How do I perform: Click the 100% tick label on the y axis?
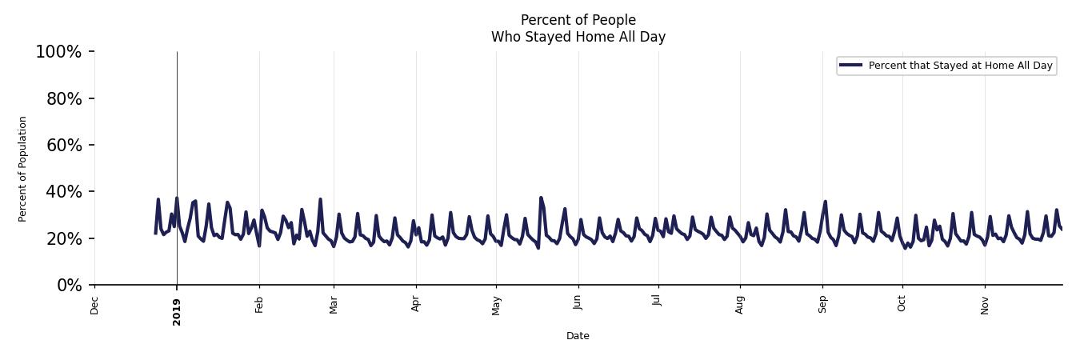tap(58, 52)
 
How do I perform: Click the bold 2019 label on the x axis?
tap(177, 312)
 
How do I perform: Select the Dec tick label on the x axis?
tap(94, 306)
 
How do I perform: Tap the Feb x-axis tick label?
tap(259, 305)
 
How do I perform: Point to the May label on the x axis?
tap(496, 306)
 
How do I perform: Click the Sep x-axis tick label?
tap(822, 305)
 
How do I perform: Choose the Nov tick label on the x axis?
tap(985, 306)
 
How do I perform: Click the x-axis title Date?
tap(578, 336)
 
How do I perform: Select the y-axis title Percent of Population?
tap(23, 169)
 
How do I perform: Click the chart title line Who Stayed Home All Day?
tap(578, 37)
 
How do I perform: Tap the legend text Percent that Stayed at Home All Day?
tap(960, 66)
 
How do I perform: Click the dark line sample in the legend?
tap(851, 66)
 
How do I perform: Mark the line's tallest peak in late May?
tap(541, 198)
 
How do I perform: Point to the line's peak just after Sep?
tap(825, 202)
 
